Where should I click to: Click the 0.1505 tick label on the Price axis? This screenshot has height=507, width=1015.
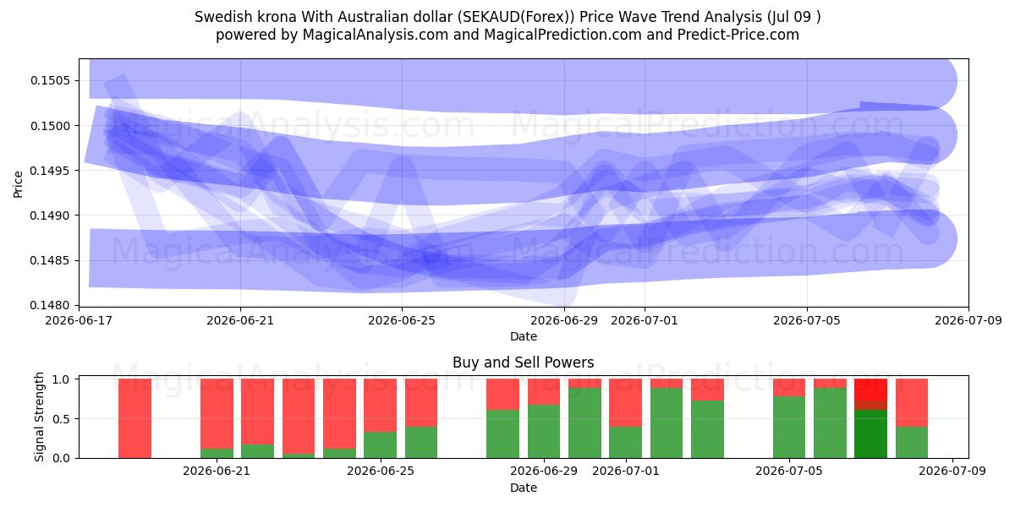pos(50,80)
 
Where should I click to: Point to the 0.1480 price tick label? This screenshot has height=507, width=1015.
pos(50,306)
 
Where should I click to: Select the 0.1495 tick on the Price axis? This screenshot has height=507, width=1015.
pos(50,171)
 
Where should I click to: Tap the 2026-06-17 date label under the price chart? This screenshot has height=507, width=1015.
pos(79,320)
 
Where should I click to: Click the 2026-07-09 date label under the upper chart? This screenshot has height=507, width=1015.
pos(968,320)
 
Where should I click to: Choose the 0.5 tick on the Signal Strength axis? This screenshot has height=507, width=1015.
pos(62,419)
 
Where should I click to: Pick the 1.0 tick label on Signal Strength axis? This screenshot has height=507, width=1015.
pos(62,379)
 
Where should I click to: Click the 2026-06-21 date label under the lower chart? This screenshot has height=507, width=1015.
pos(217,472)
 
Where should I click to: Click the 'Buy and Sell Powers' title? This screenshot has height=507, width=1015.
pos(524,363)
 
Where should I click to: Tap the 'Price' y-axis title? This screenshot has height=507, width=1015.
pos(18,184)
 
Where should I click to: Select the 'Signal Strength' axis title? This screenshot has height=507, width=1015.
pos(39,417)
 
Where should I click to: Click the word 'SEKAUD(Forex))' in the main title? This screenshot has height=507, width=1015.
pos(516,17)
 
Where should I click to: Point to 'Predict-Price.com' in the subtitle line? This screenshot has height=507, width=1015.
pos(738,35)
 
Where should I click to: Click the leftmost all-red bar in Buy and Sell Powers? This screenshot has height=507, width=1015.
pos(134,419)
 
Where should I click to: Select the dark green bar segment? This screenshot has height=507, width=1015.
pos(870,434)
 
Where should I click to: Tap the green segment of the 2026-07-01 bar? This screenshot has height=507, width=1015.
pos(625,443)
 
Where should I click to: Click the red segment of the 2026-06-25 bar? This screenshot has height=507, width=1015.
pos(380,405)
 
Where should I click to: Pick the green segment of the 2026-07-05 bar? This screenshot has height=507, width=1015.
pos(789,428)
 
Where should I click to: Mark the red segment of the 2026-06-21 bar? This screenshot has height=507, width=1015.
pos(217,414)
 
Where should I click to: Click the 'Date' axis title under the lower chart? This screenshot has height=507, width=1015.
pos(524,488)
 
